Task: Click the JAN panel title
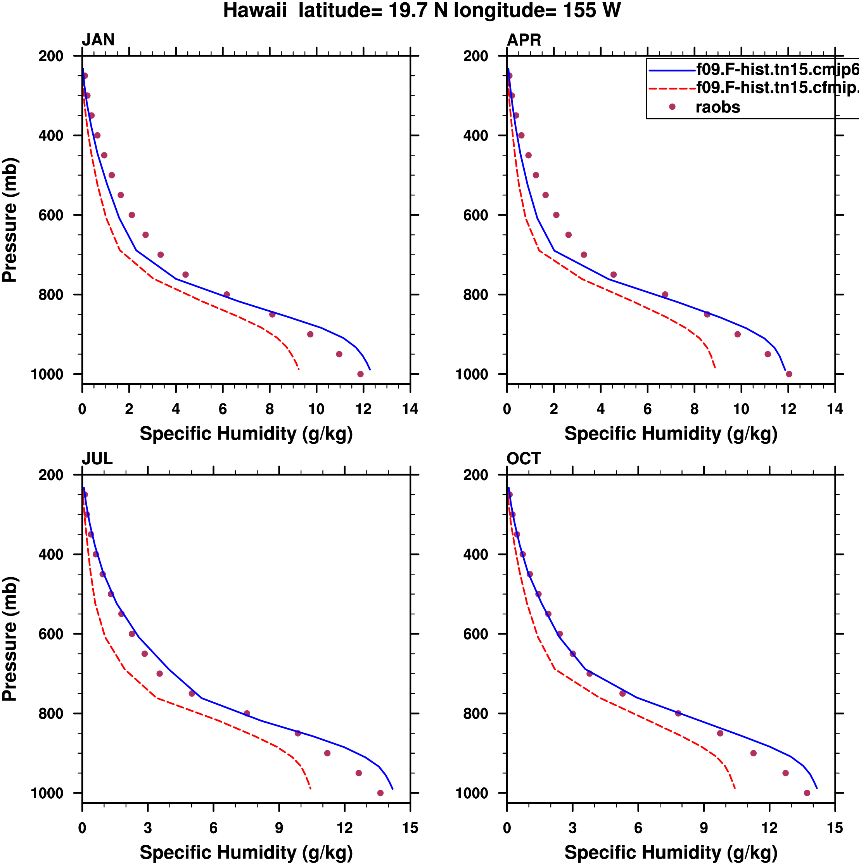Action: (x=98, y=40)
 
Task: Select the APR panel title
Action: (x=524, y=40)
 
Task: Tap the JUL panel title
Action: (x=97, y=459)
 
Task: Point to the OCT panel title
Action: (x=524, y=459)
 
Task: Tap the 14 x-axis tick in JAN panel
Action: (x=410, y=409)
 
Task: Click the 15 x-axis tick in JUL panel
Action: (x=410, y=828)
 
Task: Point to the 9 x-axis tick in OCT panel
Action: (x=704, y=828)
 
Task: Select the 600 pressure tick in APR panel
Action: (x=475, y=215)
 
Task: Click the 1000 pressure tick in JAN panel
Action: (x=47, y=374)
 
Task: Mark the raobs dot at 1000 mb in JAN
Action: (x=360, y=374)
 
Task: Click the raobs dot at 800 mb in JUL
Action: (x=247, y=713)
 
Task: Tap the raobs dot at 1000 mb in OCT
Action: (x=807, y=793)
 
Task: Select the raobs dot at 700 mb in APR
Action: (x=583, y=255)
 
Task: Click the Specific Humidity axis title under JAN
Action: (x=246, y=434)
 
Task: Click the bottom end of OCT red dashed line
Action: (x=735, y=789)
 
